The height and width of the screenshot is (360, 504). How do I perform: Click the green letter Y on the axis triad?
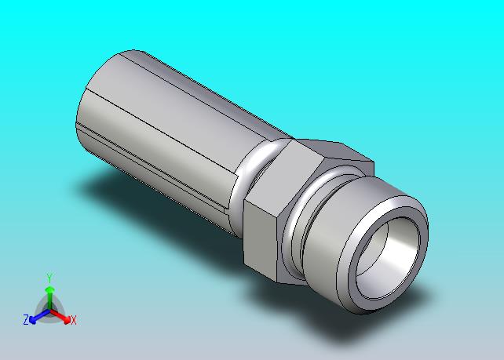(x=49, y=278)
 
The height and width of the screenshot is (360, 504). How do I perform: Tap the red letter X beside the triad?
(x=74, y=320)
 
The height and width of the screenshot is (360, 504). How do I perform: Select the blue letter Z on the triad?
(x=26, y=319)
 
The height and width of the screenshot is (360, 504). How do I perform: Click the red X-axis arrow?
(x=60, y=316)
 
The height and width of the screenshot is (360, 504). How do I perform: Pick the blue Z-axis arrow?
(x=39, y=316)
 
